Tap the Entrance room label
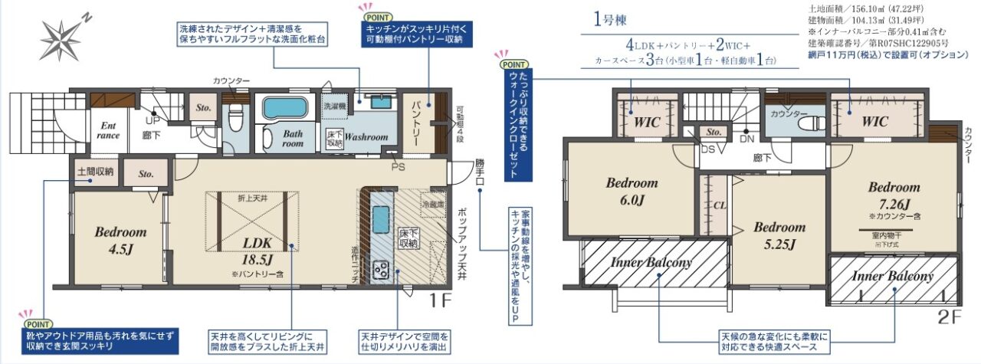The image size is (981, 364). click(x=107, y=130)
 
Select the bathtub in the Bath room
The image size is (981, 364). click(x=285, y=108)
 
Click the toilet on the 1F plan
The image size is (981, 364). click(x=235, y=120)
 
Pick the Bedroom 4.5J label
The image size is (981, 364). click(x=120, y=238)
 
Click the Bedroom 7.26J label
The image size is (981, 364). click(x=894, y=196)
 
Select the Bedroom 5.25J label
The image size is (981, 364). click(x=779, y=235)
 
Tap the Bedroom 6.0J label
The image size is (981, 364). click(x=632, y=191)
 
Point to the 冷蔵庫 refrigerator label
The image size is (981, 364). click(x=431, y=205)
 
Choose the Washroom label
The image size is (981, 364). click(x=366, y=137)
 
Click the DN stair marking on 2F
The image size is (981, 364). click(x=746, y=139)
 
